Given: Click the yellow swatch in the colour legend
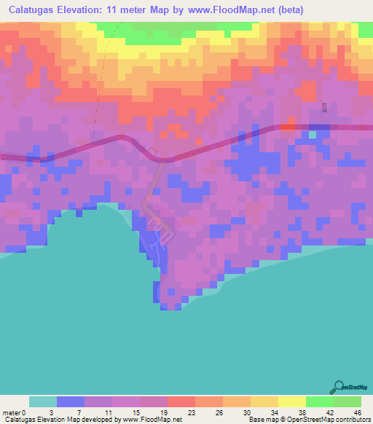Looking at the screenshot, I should click(x=291, y=401).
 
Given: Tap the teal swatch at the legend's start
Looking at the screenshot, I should click(x=42, y=401).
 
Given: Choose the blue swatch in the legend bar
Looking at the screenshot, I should click(x=70, y=401).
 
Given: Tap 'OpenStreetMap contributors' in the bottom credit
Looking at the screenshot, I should click(x=328, y=420).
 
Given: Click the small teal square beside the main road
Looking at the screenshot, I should click(x=313, y=134).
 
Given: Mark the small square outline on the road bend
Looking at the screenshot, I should click(x=153, y=152).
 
